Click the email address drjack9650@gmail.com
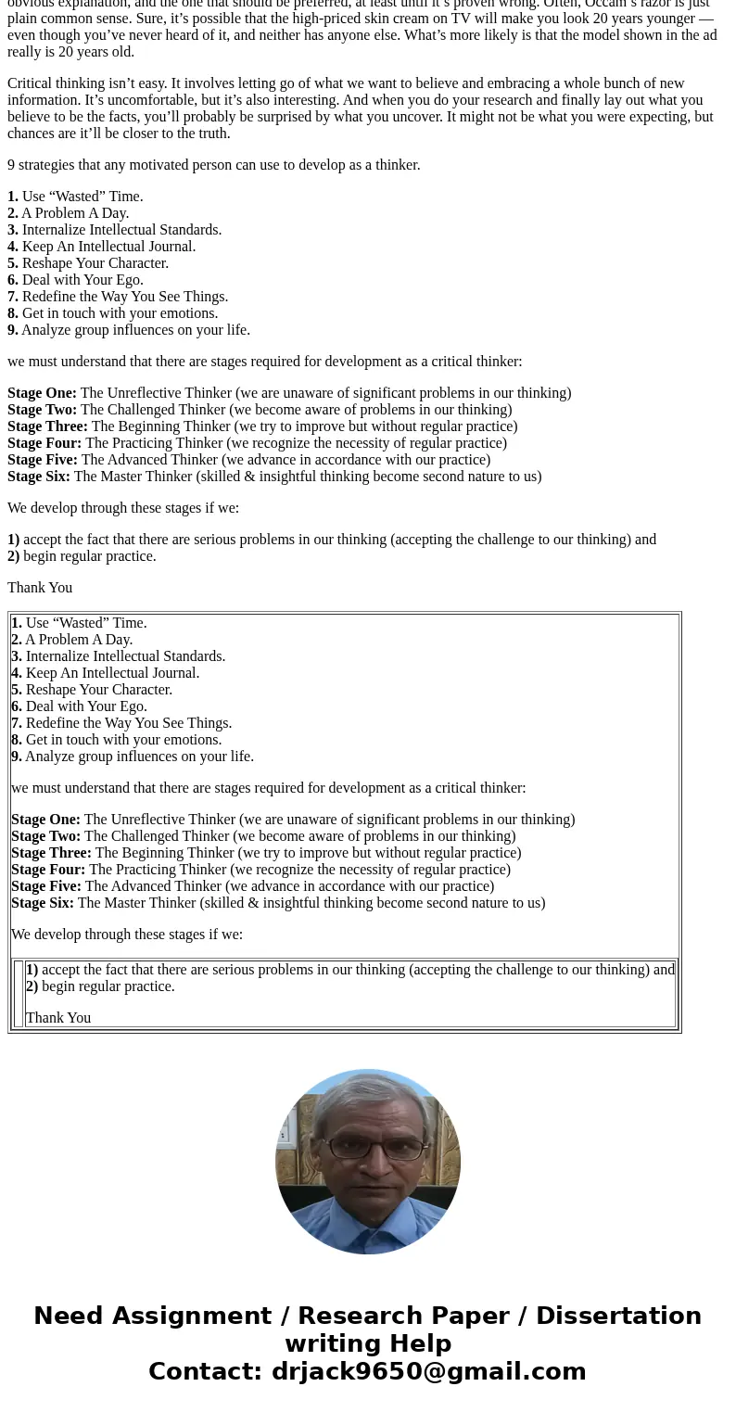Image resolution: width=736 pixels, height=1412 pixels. tap(428, 1371)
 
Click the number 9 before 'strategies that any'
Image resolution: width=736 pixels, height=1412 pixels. tap(11, 165)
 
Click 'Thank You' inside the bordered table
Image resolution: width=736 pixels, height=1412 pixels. tap(58, 1018)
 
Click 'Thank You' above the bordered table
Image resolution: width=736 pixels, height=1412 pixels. tap(40, 588)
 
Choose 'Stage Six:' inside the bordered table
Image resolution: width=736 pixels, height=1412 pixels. tap(43, 903)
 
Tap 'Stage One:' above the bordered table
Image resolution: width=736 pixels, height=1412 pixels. tap(42, 393)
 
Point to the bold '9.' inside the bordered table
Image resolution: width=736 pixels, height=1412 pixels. tap(17, 757)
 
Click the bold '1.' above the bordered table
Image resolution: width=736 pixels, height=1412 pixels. tap(13, 197)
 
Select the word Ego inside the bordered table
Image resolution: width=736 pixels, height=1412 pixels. tap(132, 706)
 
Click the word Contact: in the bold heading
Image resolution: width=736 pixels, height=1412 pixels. tap(206, 1371)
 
